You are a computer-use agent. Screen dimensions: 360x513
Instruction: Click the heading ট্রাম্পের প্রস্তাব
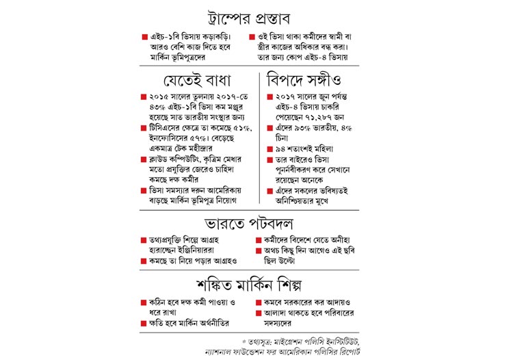coord(256,16)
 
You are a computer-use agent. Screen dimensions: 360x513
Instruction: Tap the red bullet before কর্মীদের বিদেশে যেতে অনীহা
coord(259,240)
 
